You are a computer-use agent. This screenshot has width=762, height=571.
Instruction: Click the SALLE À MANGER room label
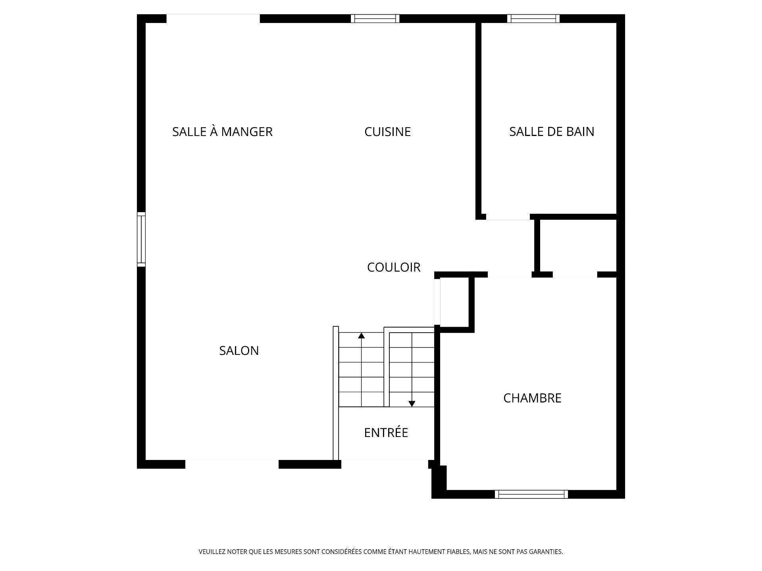point(222,132)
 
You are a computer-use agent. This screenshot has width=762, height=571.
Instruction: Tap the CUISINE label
point(387,132)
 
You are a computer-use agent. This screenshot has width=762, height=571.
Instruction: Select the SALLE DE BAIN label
point(552,132)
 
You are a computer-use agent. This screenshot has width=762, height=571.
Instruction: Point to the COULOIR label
point(393,267)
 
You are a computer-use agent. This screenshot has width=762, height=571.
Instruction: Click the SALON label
point(239,351)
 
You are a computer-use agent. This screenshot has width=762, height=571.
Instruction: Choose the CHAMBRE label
point(532,398)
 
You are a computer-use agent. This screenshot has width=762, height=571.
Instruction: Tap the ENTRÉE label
point(386,433)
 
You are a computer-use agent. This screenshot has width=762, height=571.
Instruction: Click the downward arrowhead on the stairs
point(412,404)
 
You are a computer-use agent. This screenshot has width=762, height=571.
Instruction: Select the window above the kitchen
point(375,19)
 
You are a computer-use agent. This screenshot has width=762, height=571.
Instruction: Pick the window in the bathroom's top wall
point(533,19)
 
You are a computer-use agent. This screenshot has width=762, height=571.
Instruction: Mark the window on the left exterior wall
point(141,239)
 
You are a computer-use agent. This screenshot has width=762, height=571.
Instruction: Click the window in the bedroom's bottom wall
point(531,494)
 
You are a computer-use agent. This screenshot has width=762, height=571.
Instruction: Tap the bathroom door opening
point(508,217)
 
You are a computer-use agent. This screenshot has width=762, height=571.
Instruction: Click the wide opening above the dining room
point(213,19)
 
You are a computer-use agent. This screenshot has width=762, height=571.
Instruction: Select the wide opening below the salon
point(232,464)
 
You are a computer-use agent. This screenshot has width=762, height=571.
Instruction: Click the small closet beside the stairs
point(454,302)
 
